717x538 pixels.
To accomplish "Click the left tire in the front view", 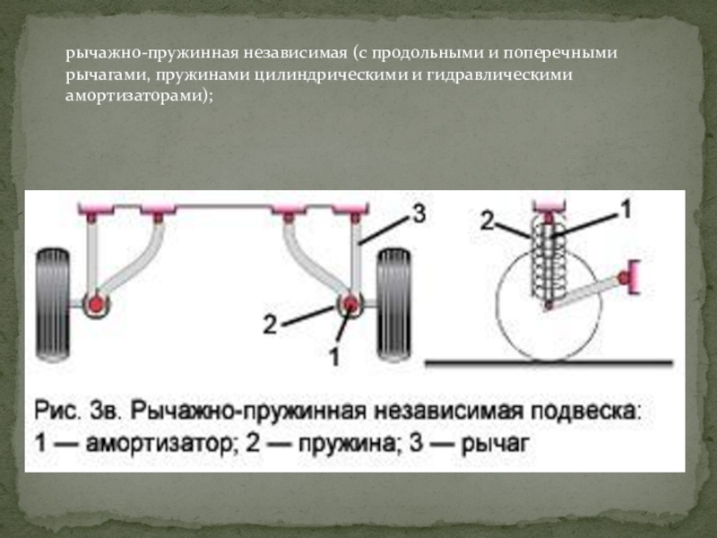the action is pyautogui.click(x=53, y=305).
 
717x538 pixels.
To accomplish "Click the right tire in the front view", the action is pyautogui.click(x=393, y=305).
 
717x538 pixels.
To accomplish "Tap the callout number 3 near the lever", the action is pyautogui.click(x=419, y=213).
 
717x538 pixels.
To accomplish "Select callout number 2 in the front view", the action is pyautogui.click(x=270, y=325).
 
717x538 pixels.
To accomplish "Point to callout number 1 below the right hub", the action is pyautogui.click(x=334, y=357).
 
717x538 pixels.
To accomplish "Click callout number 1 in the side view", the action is pyautogui.click(x=625, y=209).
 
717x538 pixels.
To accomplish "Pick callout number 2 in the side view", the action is pyautogui.click(x=488, y=221).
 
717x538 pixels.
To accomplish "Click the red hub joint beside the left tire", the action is pyautogui.click(x=96, y=304).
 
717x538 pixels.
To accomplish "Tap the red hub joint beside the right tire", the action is pyautogui.click(x=350, y=304).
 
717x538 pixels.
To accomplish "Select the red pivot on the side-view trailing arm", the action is pyautogui.click(x=623, y=277).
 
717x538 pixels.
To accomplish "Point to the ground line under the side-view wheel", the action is pyautogui.click(x=549, y=363).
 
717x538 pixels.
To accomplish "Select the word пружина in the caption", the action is pyautogui.click(x=346, y=443).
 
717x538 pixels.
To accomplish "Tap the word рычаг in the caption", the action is pyautogui.click(x=496, y=444).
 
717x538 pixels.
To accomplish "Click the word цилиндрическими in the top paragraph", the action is pyautogui.click(x=331, y=74).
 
